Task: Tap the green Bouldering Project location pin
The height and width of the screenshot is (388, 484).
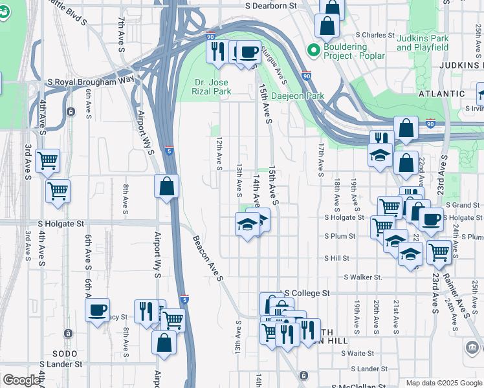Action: pos(314,50)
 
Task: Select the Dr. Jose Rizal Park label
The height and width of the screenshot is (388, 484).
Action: pos(213,87)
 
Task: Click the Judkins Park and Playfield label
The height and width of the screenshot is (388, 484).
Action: pos(423,43)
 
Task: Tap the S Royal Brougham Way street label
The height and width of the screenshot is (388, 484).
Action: pos(91,81)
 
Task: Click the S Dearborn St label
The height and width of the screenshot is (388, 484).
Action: pos(270,5)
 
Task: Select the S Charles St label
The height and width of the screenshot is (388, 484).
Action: pos(375,35)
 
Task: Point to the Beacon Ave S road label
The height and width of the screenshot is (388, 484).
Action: pos(207,258)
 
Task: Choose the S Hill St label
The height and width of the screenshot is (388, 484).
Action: pos(336,258)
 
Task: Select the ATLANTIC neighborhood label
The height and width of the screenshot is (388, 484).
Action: pos(441,93)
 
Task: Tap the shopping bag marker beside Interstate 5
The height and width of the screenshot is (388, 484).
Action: pos(167,187)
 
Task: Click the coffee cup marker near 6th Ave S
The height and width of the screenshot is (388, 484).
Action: pos(97,310)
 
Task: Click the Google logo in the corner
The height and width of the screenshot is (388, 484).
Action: pos(21,380)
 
